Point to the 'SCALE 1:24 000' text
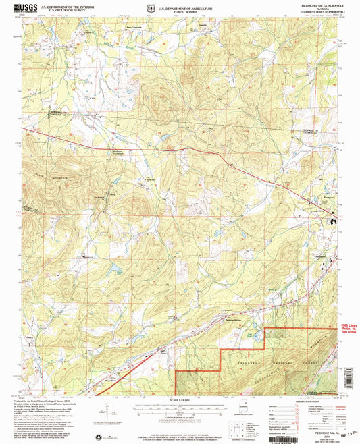180,403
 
